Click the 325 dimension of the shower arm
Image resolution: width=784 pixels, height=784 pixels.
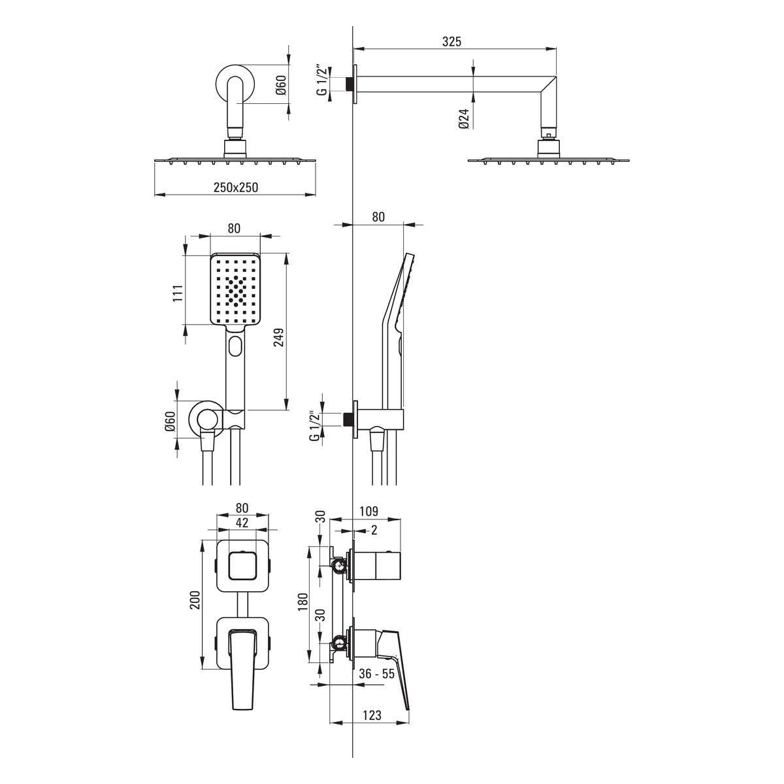point(452,42)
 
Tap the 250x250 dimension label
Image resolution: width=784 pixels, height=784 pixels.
point(236,187)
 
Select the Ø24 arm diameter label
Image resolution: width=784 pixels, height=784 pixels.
point(465,119)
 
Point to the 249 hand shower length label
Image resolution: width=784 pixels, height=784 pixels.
point(279,337)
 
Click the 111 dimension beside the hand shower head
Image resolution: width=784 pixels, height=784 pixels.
point(178,293)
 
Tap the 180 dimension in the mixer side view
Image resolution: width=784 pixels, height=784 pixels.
point(303,602)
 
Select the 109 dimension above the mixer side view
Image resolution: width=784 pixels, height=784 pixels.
point(369,512)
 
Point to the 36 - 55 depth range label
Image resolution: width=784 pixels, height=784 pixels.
point(377,674)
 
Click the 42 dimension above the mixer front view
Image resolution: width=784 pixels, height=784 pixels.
point(242,523)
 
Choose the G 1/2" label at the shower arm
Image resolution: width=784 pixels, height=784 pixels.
point(322,80)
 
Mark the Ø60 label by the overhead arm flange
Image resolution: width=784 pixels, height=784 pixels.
point(281,85)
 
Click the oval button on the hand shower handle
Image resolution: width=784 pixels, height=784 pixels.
point(236,346)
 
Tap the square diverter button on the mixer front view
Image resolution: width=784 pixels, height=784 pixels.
point(242,566)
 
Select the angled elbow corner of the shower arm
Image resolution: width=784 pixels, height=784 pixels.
point(548,86)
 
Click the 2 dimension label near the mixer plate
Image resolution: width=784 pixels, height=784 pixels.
point(374,530)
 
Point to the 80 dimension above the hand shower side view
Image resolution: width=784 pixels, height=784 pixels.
point(378,217)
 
